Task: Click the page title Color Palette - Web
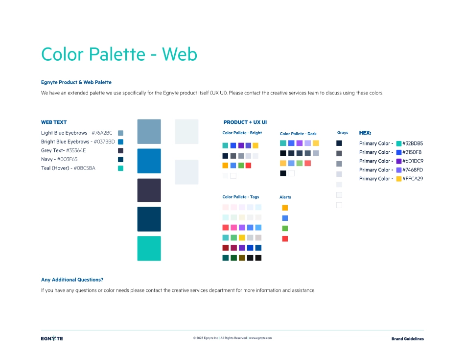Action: click(x=119, y=54)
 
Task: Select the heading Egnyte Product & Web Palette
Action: click(x=76, y=82)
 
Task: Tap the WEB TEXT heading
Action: click(x=54, y=122)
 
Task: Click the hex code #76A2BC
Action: click(x=102, y=133)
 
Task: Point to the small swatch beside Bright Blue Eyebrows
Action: click(x=121, y=142)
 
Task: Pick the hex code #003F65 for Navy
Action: click(x=68, y=159)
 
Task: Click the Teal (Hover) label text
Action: click(x=55, y=168)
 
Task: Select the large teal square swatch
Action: click(x=149, y=248)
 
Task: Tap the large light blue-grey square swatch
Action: click(x=149, y=131)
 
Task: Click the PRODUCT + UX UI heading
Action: click(x=245, y=122)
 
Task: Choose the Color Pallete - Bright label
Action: click(x=242, y=133)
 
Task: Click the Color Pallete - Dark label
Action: click(x=298, y=134)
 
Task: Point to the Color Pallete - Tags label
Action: click(x=240, y=197)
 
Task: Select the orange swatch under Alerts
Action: click(x=285, y=208)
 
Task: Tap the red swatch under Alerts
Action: click(x=285, y=239)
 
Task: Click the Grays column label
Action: click(x=343, y=132)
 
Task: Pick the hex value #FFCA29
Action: click(x=413, y=178)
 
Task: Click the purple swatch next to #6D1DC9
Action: click(x=399, y=161)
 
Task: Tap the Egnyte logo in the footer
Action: click(x=52, y=338)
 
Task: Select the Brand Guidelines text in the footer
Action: click(x=407, y=338)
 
